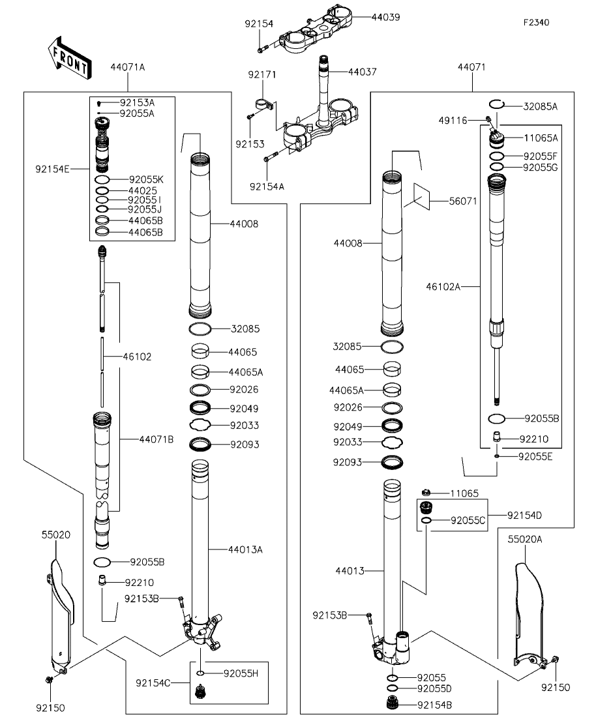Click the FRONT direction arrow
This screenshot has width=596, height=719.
69,58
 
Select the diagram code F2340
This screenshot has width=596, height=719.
537,22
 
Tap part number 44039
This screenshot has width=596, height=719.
385,17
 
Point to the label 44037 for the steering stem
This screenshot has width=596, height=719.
363,72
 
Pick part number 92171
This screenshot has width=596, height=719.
262,74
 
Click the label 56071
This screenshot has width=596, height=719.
463,201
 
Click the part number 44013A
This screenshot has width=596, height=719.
245,550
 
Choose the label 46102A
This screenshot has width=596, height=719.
443,287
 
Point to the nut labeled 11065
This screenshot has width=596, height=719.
425,493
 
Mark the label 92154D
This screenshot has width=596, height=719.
524,516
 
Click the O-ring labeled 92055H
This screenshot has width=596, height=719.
200,673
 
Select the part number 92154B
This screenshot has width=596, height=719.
435,705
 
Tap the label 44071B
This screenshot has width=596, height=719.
156,440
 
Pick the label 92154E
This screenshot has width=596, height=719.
53,169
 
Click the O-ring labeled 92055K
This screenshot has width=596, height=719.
102,180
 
